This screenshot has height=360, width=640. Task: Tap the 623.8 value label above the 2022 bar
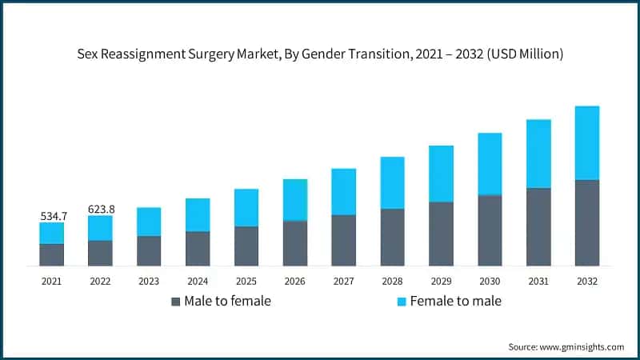click(101, 210)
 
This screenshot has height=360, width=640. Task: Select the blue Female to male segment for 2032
click(586, 142)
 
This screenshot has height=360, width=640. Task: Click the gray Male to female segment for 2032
click(586, 222)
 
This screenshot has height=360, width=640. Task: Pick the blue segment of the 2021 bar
click(52, 233)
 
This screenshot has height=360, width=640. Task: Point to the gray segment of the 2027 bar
click(343, 240)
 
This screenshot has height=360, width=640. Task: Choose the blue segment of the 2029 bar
click(441, 174)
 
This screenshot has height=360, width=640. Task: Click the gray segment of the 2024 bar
click(198, 248)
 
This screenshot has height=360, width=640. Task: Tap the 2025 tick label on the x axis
click(246, 281)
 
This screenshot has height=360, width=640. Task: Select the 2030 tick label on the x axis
click(490, 281)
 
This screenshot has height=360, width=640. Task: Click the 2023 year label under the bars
click(148, 281)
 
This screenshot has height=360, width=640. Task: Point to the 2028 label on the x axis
click(392, 281)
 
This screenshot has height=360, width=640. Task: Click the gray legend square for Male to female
click(175, 302)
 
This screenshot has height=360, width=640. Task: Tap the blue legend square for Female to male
click(402, 302)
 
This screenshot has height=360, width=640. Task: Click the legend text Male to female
click(227, 302)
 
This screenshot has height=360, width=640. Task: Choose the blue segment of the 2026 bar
click(294, 200)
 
